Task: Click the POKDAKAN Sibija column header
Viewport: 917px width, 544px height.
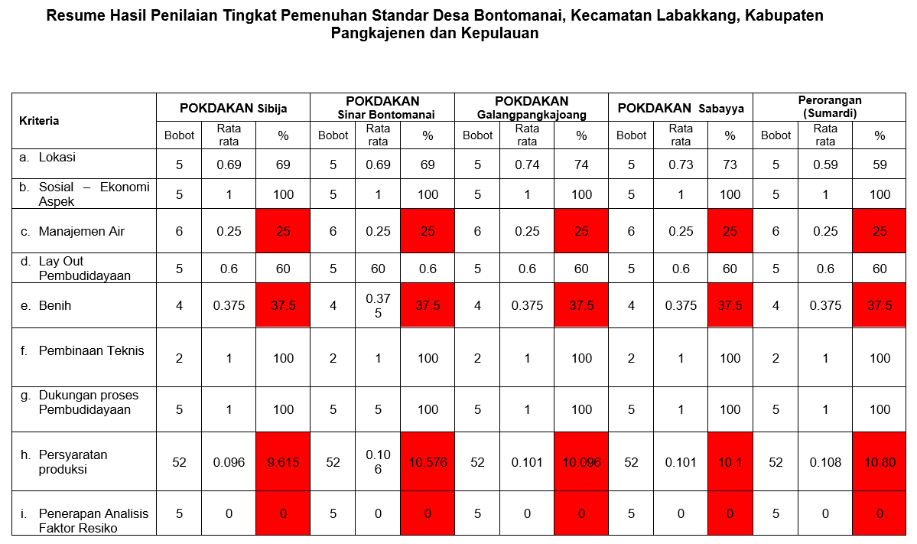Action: coord(233,108)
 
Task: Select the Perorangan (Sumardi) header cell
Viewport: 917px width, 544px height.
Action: coord(829,106)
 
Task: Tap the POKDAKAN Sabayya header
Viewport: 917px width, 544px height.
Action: coord(680,108)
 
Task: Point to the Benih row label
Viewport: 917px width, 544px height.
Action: coord(57,305)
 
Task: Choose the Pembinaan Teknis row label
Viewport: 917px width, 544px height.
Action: coord(91,350)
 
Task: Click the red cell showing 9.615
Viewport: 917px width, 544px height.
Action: coord(283,462)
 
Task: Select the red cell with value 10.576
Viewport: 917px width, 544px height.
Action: coord(428,462)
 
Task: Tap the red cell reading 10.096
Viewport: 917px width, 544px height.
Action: coord(581,462)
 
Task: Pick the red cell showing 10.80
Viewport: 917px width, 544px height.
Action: coord(880,462)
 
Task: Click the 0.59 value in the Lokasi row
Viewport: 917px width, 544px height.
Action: coord(825,164)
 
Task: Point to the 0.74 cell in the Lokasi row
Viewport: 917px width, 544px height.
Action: coord(527,164)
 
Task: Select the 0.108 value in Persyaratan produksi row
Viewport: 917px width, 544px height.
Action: coord(825,462)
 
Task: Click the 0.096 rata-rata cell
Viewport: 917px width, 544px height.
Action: coord(229,462)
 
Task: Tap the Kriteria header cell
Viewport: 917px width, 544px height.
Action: coord(40,121)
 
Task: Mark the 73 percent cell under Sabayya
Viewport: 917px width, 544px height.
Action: coord(730,164)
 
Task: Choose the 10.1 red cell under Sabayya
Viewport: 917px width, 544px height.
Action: coord(730,462)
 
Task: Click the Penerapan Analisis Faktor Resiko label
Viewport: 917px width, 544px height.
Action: coord(93,520)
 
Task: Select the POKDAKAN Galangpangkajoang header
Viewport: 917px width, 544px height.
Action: coord(532,108)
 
